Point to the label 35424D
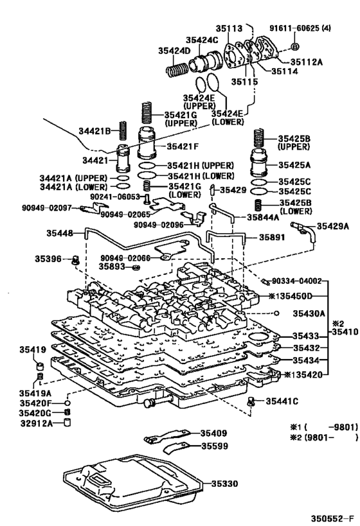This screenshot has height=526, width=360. [x=175, y=50]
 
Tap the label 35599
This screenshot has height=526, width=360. [x=216, y=446]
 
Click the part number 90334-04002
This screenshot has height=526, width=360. [x=296, y=281]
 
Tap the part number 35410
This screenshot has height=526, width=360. [x=343, y=332]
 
